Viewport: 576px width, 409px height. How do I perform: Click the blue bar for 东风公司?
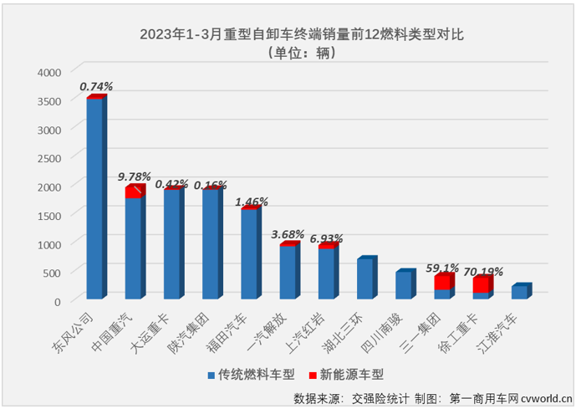pyautogui.click(x=94, y=198)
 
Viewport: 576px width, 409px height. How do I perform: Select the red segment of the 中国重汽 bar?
pyautogui.click(x=133, y=192)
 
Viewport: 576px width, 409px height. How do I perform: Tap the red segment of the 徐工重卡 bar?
pyautogui.click(x=481, y=284)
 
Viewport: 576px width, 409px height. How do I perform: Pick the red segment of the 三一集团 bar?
pyautogui.click(x=441, y=282)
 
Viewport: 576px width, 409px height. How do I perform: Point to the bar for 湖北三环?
pyautogui.click(x=364, y=279)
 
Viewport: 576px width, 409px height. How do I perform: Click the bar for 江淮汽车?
pyautogui.click(x=519, y=292)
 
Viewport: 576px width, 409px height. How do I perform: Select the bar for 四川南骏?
pyautogui.click(x=403, y=285)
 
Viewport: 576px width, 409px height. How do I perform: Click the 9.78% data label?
pyautogui.click(x=134, y=176)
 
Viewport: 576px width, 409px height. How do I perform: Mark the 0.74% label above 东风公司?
pyautogui.click(x=95, y=85)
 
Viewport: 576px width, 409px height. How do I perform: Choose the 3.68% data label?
pyautogui.click(x=288, y=233)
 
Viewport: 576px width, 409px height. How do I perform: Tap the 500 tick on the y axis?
pyautogui.click(x=52, y=272)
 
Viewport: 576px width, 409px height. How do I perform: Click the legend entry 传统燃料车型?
pyautogui.click(x=252, y=374)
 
